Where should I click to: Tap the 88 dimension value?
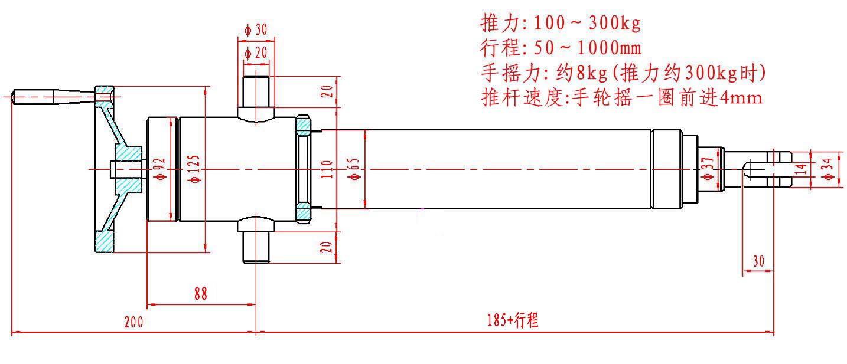[201, 294]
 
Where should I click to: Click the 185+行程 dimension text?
[512, 321]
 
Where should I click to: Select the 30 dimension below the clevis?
[758, 261]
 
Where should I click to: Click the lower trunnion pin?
[256, 247]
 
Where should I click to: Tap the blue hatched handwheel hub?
[128, 169]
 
